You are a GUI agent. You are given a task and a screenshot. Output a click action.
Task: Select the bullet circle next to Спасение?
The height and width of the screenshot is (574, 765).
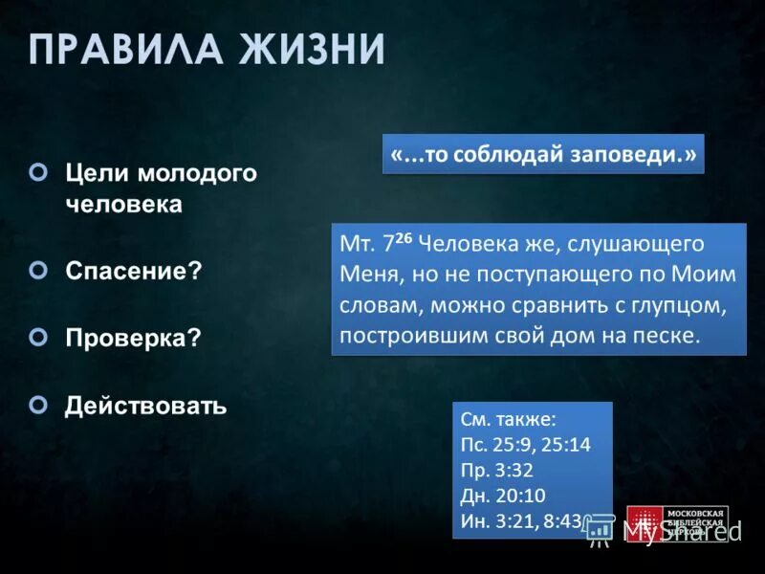38,271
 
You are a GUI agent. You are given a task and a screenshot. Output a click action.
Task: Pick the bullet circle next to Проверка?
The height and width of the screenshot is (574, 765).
38,337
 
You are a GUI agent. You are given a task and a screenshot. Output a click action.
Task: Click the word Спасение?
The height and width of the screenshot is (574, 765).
133,271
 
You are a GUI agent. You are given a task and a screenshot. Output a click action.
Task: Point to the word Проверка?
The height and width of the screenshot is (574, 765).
133,338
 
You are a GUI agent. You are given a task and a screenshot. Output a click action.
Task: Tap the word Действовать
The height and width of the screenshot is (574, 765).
145,406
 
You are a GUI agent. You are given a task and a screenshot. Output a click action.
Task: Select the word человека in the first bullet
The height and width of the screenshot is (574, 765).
123,206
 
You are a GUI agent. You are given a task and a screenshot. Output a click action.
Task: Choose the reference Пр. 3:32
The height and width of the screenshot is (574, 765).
497,471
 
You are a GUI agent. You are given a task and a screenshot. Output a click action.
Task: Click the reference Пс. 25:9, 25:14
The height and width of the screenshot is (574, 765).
525,445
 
